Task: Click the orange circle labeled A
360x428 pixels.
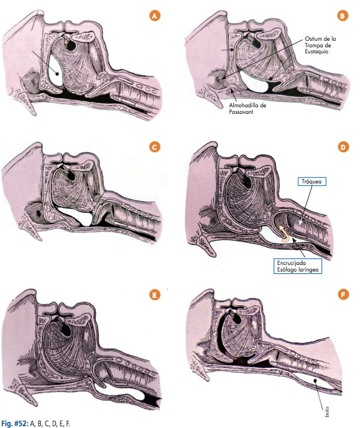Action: point(155,16)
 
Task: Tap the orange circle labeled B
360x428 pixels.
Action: point(342,16)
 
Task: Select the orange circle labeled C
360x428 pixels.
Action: point(155,147)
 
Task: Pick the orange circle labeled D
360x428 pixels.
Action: point(343,147)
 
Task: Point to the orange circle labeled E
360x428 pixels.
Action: point(155,295)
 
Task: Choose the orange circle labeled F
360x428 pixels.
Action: point(343,294)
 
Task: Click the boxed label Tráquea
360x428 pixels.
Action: point(311,182)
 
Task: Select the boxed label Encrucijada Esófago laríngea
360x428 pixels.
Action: point(298,266)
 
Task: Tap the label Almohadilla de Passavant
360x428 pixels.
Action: point(247,108)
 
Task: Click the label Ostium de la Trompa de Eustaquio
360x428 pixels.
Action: point(320,45)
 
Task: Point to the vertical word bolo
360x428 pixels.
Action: point(326,412)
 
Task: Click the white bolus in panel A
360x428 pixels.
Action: point(55,70)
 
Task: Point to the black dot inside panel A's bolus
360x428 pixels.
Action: point(57,73)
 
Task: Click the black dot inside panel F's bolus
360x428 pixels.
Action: point(315,380)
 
